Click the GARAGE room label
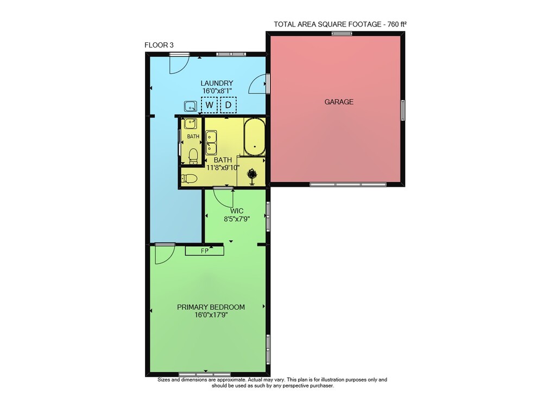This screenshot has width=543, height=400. click(x=339, y=101)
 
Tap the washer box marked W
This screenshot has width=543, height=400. click(x=209, y=105)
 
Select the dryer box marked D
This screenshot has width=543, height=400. click(x=228, y=105)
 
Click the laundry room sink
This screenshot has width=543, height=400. click(x=190, y=106)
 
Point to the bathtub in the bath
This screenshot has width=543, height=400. click(x=255, y=137)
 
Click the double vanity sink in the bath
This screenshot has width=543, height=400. click(x=211, y=143)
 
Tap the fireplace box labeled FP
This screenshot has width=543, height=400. click(x=204, y=251)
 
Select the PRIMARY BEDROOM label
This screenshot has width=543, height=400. click(x=211, y=307)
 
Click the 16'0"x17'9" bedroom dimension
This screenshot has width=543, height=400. click(x=211, y=315)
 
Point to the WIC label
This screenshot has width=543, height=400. click(x=237, y=211)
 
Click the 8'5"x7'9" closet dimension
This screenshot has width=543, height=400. click(x=237, y=219)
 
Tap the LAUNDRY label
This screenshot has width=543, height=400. click(x=217, y=83)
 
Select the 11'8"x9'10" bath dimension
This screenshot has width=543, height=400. click(x=223, y=168)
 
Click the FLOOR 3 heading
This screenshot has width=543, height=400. click(x=159, y=45)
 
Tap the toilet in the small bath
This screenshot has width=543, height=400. click(x=193, y=156)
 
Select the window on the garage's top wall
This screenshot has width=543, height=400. click(x=342, y=34)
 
